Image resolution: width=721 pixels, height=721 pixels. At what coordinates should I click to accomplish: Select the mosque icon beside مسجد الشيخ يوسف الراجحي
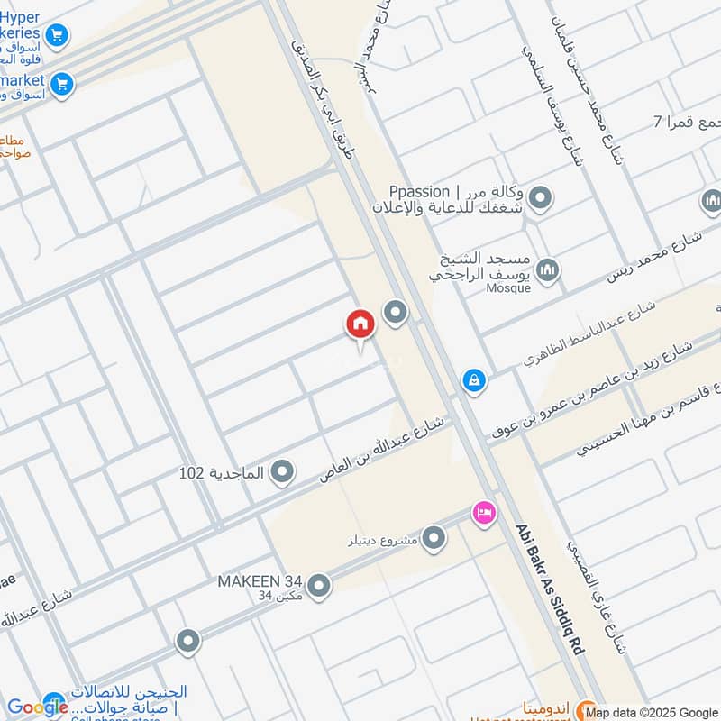point(547,269)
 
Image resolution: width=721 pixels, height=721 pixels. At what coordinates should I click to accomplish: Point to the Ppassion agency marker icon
point(540,197)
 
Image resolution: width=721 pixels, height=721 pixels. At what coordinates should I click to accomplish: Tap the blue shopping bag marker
point(473,380)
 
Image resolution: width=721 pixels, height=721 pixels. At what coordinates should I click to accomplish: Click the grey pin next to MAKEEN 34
point(318,584)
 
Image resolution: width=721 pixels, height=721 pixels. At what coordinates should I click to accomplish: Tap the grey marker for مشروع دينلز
point(434,538)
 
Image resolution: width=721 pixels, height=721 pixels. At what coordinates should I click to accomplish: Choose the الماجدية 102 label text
point(221,473)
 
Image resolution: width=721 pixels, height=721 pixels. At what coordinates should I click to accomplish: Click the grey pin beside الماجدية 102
point(283,470)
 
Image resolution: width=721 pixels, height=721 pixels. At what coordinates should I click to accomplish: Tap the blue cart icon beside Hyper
point(58,36)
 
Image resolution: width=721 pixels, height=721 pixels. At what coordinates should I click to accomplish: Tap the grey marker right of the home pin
point(395,313)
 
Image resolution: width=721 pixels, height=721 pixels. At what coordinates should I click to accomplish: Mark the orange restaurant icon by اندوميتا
point(584,708)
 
